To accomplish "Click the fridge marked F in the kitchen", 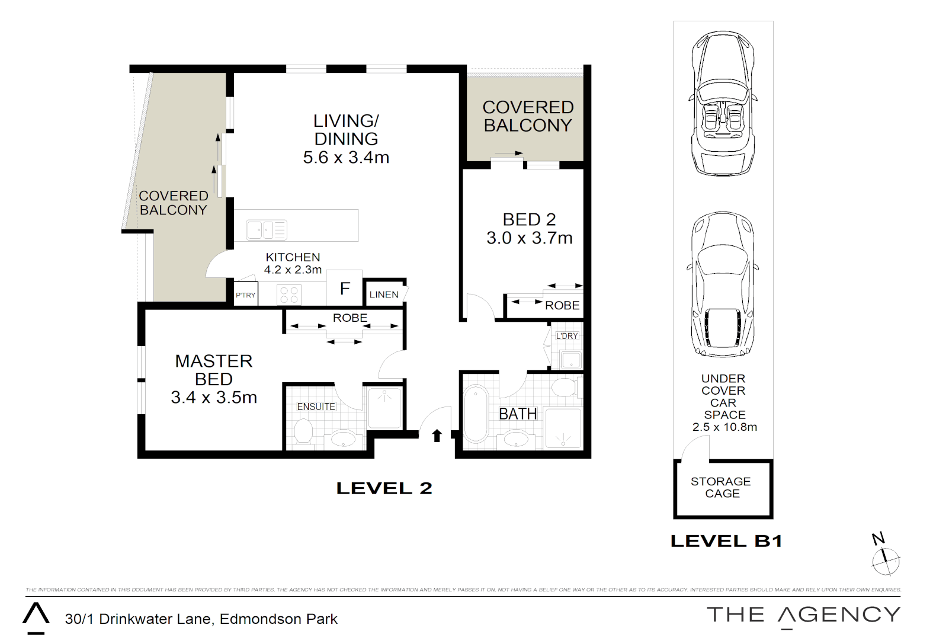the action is point(344,288).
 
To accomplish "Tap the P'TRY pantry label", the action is point(245,295).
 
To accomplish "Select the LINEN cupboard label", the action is point(384,295).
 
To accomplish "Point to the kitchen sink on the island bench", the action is point(267,229).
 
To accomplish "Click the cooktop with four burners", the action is point(289,295).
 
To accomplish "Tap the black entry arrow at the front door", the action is point(437,436).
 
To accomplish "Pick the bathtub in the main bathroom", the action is point(476,414).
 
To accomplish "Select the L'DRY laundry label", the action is point(567,336).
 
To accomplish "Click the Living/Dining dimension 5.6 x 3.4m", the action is point(346,158).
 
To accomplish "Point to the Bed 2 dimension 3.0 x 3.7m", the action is point(530,238).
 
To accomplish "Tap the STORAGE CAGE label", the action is point(721,488).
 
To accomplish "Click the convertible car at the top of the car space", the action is point(723,103).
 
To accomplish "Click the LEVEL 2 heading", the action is point(384,488).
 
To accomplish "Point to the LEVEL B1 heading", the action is point(727,541).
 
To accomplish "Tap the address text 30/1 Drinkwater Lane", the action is point(140,619).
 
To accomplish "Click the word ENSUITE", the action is point(316,407).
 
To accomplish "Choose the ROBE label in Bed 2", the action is point(562,305).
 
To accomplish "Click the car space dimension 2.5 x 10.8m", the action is point(724,427).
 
